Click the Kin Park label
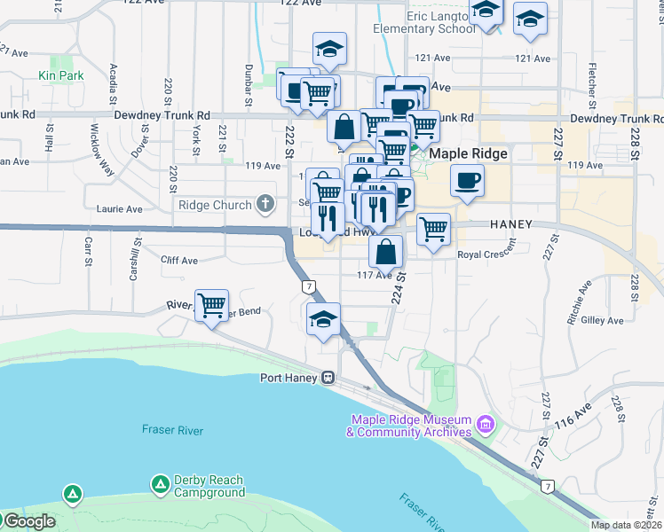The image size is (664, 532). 61,76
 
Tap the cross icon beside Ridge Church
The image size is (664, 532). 264,205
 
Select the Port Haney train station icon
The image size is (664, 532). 328,378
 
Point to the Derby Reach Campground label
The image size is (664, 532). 209,486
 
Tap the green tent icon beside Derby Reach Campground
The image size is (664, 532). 161,484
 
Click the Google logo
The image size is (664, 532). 28,521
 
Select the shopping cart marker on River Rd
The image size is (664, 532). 211,306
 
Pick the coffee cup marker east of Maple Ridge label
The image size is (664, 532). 466,182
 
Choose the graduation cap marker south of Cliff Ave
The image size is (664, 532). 323,320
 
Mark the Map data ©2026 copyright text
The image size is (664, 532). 626,525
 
